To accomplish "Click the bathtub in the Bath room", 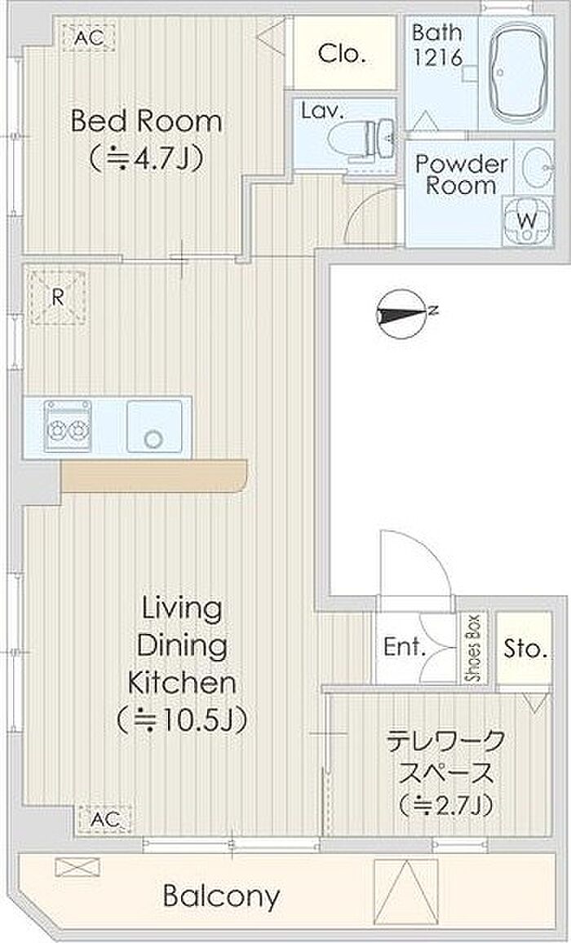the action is (517, 72).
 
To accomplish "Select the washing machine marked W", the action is (527, 220).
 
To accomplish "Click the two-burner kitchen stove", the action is (68, 425).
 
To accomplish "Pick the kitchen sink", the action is (155, 426).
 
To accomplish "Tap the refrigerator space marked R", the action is (58, 297).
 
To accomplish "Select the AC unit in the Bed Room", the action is (88, 38).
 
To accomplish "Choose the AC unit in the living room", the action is (104, 818).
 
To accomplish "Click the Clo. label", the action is (343, 54).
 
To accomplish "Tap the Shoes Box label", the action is (475, 649).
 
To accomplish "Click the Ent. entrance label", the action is (405, 648).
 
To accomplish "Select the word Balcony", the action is (221, 897).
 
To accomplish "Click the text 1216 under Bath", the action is (438, 57).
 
